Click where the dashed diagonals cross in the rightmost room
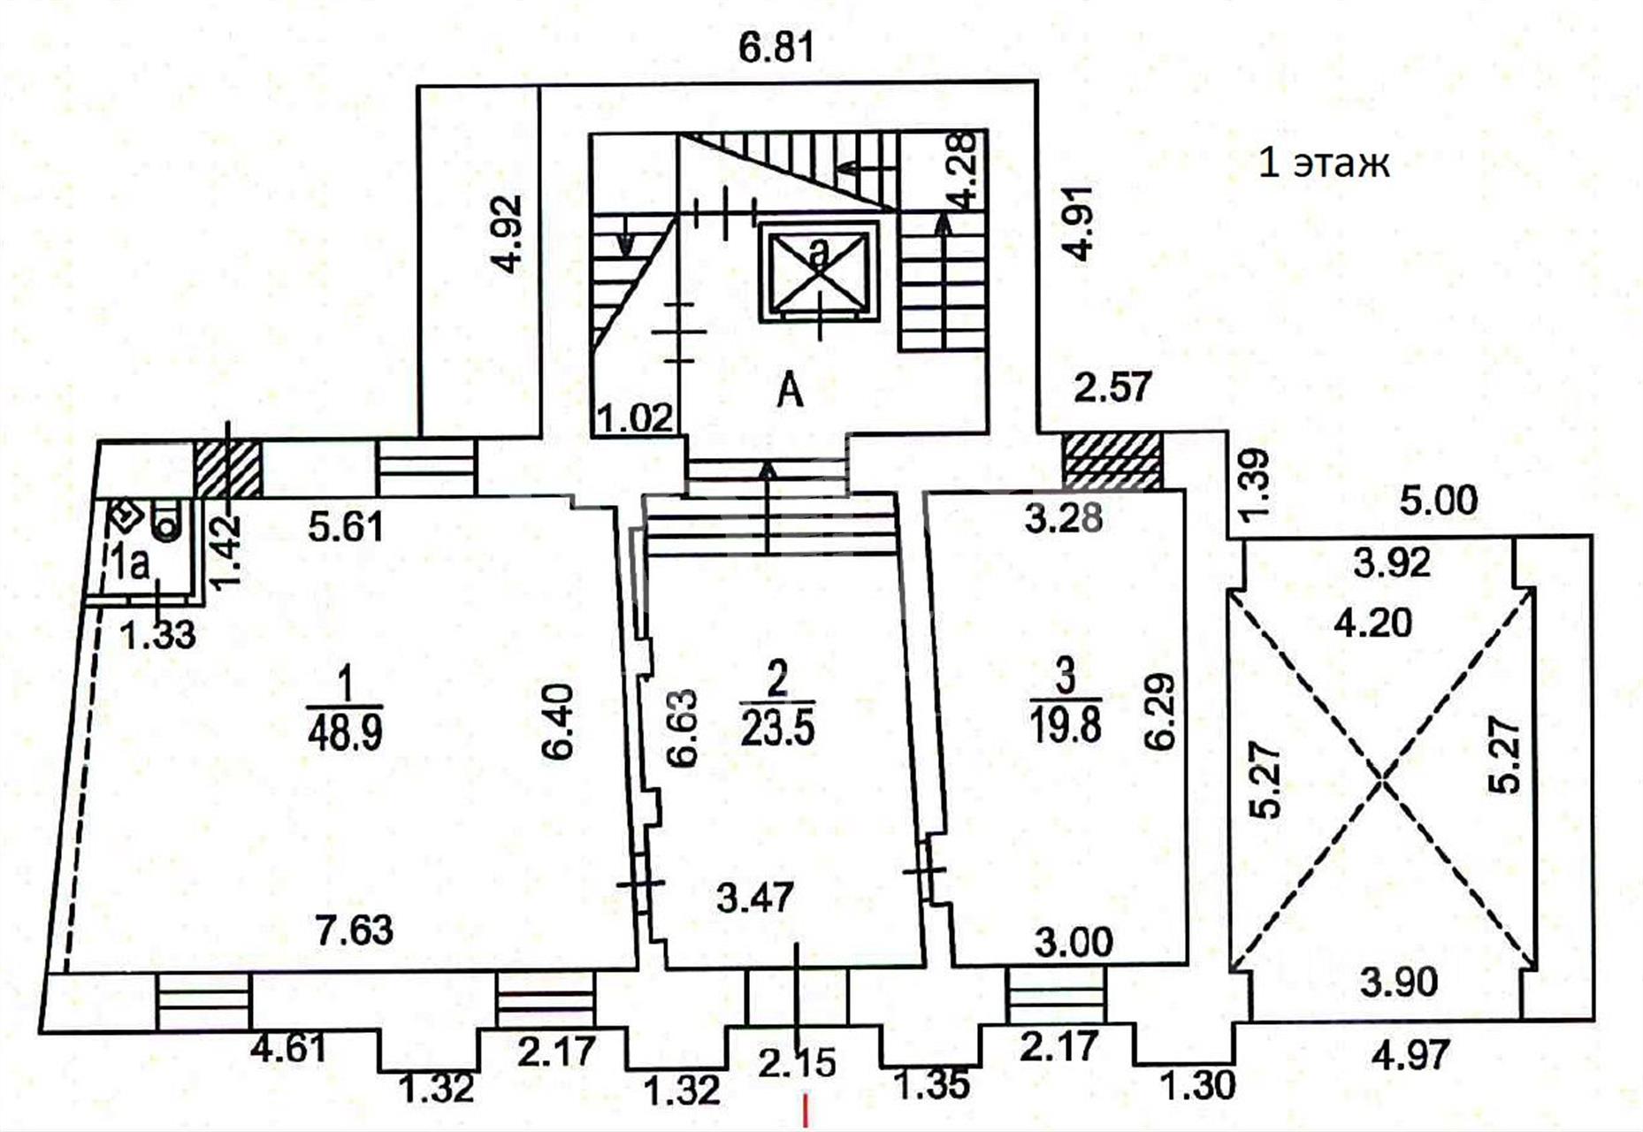[x=1382, y=779]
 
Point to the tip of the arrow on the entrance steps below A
[x=767, y=462]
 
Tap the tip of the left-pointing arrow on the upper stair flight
[x=838, y=167]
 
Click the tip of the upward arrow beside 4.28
[x=944, y=216]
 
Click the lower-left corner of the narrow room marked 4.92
[x=418, y=435]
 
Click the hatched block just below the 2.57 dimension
[x=1112, y=460]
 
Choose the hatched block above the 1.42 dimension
[x=227, y=469]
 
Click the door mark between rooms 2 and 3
[x=925, y=874]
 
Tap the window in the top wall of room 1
[x=427, y=469]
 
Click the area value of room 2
[x=777, y=730]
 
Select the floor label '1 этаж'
[x=1323, y=164]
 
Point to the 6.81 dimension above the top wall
[x=775, y=48]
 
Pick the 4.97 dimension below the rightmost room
[x=1412, y=1055]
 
